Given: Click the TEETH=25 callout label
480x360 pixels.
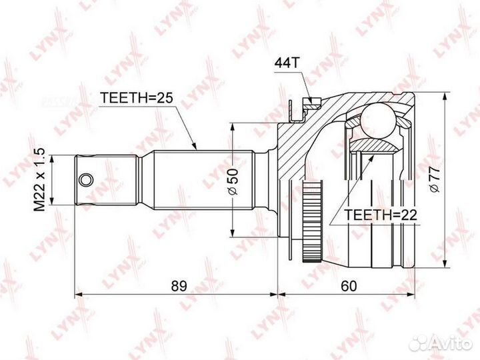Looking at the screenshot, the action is pyautogui.click(x=137, y=98).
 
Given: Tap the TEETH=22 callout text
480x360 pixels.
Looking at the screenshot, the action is pyautogui.click(x=381, y=215).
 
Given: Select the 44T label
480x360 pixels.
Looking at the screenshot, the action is pyautogui.click(x=286, y=63).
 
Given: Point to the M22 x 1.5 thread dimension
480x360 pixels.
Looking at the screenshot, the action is pyautogui.click(x=39, y=180).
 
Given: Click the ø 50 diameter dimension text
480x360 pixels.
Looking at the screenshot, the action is pyautogui.click(x=233, y=181).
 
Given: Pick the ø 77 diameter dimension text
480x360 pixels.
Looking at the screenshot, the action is pyautogui.click(x=435, y=180).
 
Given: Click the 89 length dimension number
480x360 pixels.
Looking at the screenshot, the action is pyautogui.click(x=179, y=286).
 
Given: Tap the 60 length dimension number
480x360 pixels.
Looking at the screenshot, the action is pyautogui.click(x=349, y=286).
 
